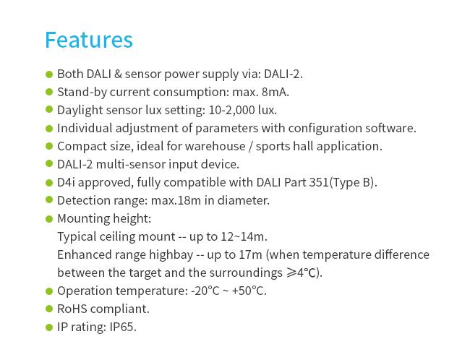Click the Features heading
89,40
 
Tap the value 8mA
275,92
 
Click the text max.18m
176,200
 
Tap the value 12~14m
244,236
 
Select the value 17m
250,254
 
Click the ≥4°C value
304,273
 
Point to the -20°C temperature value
205,291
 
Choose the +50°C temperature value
249,291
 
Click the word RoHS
72,309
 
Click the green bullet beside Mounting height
49,218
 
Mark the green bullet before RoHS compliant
49,309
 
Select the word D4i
66,182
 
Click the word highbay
171,254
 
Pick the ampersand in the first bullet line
118,74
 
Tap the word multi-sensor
131,164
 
